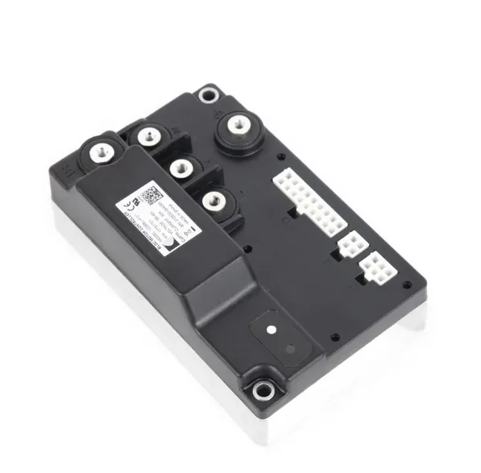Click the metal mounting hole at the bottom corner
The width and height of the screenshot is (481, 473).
tap(259, 392)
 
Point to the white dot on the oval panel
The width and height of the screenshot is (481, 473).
tap(271, 329)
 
